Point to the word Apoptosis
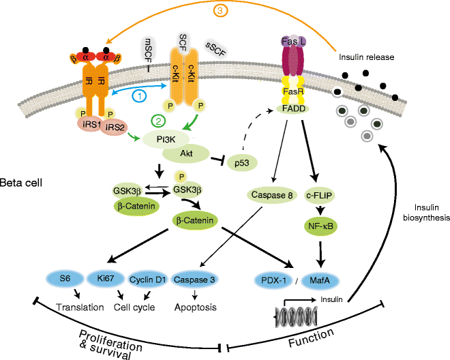(x=196, y=307)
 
